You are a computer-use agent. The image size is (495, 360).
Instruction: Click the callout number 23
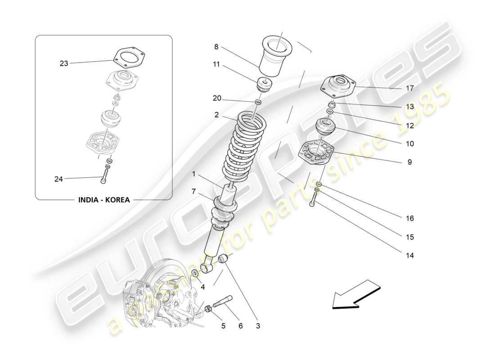(x=64, y=63)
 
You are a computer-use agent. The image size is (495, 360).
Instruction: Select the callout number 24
(x=58, y=179)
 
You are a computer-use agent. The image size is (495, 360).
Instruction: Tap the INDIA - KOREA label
(x=103, y=200)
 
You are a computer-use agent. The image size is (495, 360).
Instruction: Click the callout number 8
(x=216, y=46)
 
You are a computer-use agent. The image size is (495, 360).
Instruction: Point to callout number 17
(x=409, y=88)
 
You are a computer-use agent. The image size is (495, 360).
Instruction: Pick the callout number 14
(x=409, y=255)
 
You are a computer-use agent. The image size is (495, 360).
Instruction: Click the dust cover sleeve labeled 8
(x=275, y=56)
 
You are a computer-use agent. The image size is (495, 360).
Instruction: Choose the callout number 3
(x=258, y=325)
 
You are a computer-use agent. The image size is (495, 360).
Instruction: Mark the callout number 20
(x=217, y=99)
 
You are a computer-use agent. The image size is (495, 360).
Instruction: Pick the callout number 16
(x=409, y=218)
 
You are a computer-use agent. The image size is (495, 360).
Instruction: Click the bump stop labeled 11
(x=265, y=85)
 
